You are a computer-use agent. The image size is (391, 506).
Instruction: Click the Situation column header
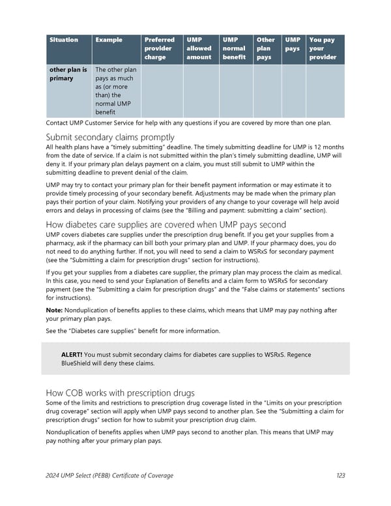[64, 40]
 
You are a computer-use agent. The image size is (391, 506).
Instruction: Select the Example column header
[109, 40]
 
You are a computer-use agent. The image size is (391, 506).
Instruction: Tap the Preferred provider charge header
[159, 48]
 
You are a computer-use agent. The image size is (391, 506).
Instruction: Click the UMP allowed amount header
[199, 48]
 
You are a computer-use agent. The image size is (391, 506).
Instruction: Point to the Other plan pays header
[266, 48]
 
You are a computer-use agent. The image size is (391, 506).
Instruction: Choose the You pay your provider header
[323, 48]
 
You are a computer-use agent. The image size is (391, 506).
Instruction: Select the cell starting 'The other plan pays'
[115, 91]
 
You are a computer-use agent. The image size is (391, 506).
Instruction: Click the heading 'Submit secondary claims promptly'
[110, 137]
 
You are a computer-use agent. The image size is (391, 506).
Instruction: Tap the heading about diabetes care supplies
[166, 224]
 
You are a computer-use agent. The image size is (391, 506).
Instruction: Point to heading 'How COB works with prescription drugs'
[120, 393]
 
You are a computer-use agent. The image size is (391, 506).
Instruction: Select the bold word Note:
[57, 311]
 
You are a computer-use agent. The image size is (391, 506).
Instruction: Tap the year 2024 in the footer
[55, 475]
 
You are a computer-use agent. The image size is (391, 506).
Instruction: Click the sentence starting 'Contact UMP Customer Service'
[189, 123]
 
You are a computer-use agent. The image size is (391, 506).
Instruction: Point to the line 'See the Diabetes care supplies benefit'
[133, 331]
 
